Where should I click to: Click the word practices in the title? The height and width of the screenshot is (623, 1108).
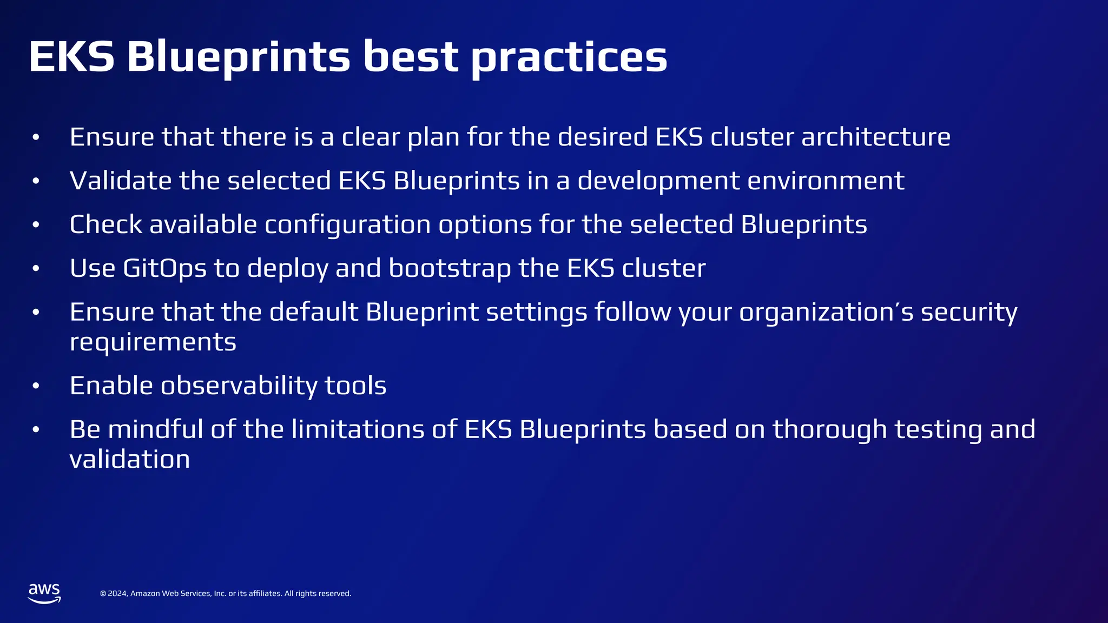pyautogui.click(x=569, y=57)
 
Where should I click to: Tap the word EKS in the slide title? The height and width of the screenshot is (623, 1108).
pyautogui.click(x=71, y=56)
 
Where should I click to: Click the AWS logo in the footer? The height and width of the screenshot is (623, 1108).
pyautogui.click(x=44, y=593)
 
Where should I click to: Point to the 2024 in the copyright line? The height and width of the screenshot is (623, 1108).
pyautogui.click(x=118, y=593)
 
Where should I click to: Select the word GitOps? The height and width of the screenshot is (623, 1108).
pyautogui.click(x=165, y=268)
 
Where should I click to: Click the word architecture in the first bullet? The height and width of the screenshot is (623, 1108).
pyautogui.click(x=875, y=137)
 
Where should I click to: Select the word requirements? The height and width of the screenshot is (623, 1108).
pyautogui.click(x=153, y=342)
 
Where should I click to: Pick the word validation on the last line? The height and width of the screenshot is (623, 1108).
pyautogui.click(x=130, y=459)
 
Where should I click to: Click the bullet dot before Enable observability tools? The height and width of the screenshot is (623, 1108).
pyautogui.click(x=36, y=386)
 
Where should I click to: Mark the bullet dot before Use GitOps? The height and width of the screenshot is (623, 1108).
pyautogui.click(x=36, y=268)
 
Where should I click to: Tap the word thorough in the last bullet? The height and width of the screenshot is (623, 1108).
pyautogui.click(x=829, y=429)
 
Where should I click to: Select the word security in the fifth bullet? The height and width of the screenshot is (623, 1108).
pyautogui.click(x=969, y=312)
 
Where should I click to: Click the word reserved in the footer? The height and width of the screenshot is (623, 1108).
pyautogui.click(x=335, y=593)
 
